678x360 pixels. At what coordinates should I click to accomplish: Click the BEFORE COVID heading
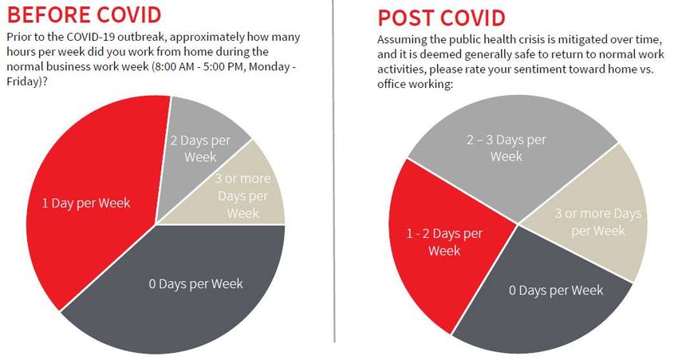pos(84,14)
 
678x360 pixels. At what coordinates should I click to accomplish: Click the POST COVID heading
pos(441,18)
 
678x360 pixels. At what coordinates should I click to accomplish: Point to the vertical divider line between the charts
pos(333,171)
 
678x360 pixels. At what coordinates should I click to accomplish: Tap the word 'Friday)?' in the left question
pos(27,81)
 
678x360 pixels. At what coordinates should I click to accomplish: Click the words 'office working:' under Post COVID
pos(415,84)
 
